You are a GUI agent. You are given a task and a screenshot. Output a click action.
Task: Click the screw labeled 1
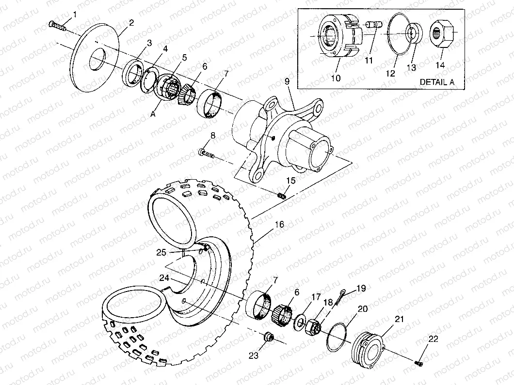pyautogui.click(x=57, y=25)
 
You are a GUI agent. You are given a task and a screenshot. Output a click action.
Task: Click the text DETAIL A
pyautogui.click(x=436, y=82)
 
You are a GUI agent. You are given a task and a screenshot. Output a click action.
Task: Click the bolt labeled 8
pyautogui.click(x=208, y=154)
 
